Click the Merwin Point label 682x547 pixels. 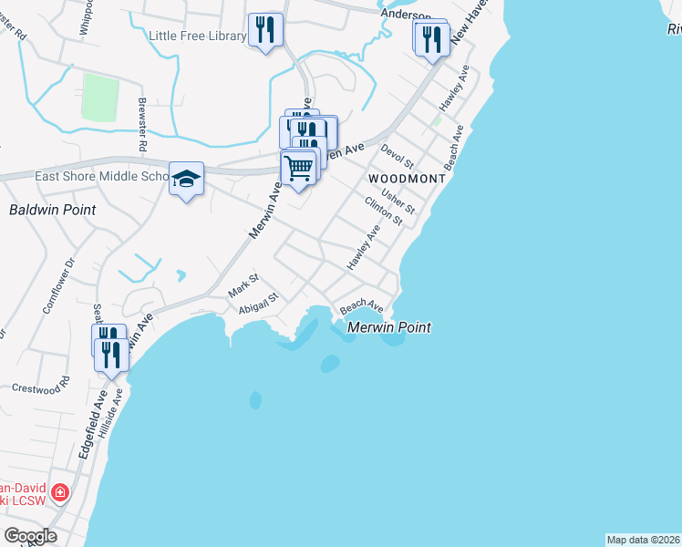coord(389,326)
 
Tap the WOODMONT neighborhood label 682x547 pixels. coord(407,179)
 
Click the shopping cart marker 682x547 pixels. coord(298,169)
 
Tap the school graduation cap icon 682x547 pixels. coord(186,178)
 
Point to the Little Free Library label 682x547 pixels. coord(197,36)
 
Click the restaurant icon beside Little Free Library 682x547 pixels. coord(265,30)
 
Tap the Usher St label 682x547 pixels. coord(398,202)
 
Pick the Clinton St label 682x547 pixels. coord(383,211)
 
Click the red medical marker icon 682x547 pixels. coord(59,493)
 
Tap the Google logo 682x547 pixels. coord(30,536)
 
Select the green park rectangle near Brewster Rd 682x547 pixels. coord(100,97)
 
